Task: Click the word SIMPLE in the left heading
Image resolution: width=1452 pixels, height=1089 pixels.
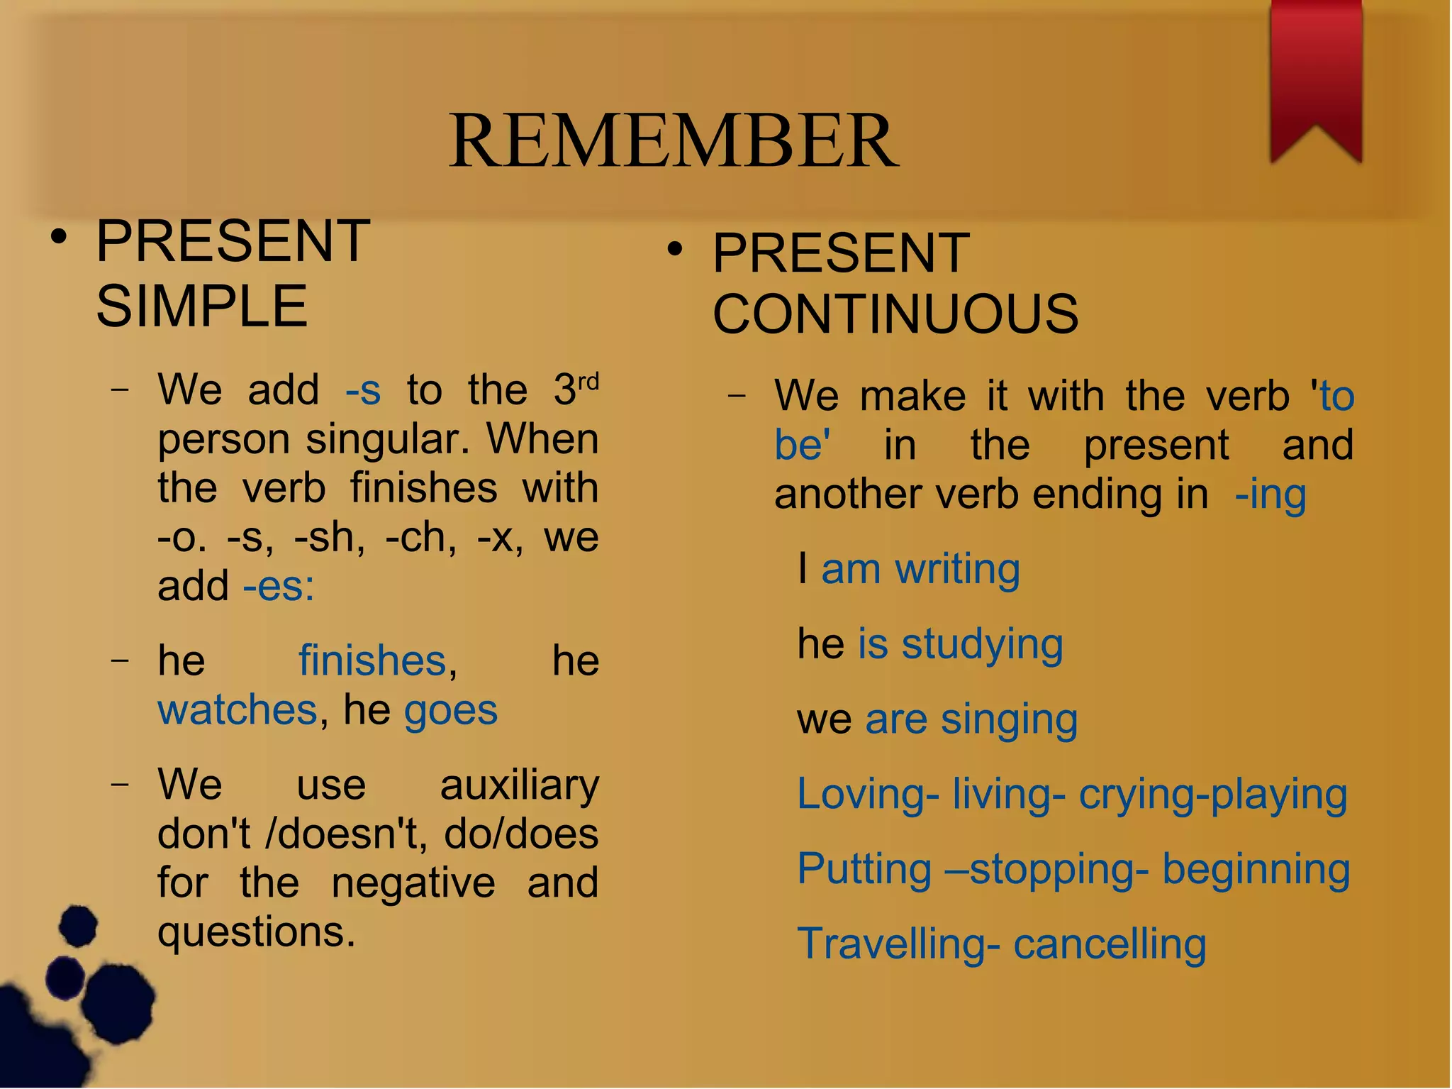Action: (x=202, y=306)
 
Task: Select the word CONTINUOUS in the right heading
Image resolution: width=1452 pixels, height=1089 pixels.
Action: (x=895, y=314)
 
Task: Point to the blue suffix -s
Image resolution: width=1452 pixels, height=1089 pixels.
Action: (x=363, y=390)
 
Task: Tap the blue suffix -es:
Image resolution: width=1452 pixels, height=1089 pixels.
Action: (x=279, y=587)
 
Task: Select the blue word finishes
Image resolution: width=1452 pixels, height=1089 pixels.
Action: (x=372, y=660)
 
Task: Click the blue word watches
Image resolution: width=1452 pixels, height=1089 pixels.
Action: (x=238, y=710)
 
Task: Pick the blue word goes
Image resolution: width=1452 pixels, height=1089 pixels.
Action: (x=451, y=710)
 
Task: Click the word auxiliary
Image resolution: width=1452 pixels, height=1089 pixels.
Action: (x=519, y=786)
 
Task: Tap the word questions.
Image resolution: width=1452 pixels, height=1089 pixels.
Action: (x=256, y=932)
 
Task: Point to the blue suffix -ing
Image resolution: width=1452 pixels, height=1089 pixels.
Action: (x=1270, y=494)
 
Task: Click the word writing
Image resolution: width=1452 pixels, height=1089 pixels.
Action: (x=957, y=570)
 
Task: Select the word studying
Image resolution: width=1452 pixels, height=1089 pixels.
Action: (x=982, y=645)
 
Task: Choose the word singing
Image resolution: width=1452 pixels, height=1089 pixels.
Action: (x=1009, y=720)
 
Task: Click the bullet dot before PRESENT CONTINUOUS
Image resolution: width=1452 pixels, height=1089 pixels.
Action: (x=674, y=250)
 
